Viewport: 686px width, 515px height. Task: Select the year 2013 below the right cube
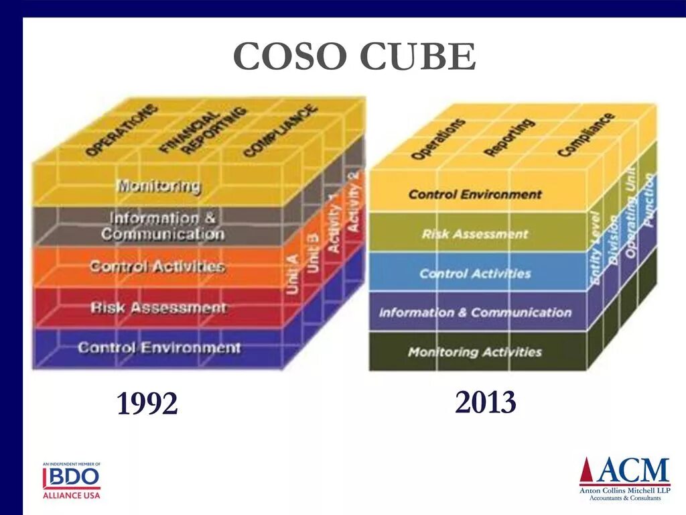coord(486,403)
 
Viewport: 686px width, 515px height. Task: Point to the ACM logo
coord(624,478)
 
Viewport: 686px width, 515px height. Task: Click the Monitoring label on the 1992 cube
coord(158,185)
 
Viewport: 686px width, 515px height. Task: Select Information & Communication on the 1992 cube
coord(163,226)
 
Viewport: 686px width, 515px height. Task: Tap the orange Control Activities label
coord(157,266)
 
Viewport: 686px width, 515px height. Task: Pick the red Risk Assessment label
coord(159,308)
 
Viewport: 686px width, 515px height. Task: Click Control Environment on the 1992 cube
coord(159,347)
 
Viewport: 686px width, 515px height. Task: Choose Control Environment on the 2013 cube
coord(475,194)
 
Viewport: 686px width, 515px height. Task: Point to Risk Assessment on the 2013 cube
coord(475,234)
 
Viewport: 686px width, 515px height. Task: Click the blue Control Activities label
coord(475,274)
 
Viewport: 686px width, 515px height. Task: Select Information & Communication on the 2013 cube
coord(475,312)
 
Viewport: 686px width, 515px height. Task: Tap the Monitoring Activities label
coord(475,352)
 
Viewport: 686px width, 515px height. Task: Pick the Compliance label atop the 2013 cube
coord(586,135)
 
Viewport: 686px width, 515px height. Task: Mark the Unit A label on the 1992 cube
coord(293,273)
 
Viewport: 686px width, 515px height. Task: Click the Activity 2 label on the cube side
coord(354,202)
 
